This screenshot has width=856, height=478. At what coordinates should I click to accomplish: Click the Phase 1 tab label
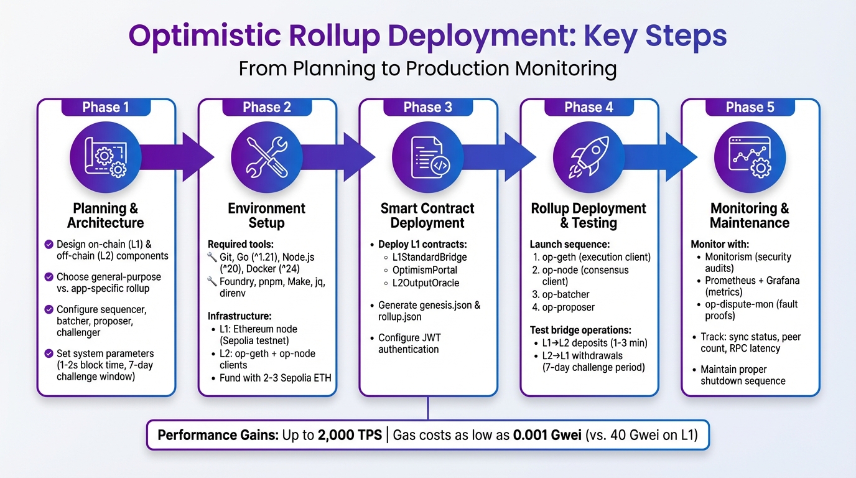click(x=106, y=107)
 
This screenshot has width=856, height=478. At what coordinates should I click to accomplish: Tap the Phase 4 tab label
click(x=588, y=107)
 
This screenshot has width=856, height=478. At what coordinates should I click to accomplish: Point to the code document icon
click(x=428, y=156)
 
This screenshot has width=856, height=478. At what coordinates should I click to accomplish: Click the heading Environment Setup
click(x=267, y=215)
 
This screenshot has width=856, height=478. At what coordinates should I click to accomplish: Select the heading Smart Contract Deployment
click(x=427, y=215)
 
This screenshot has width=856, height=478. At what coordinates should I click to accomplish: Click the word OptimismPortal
click(x=425, y=270)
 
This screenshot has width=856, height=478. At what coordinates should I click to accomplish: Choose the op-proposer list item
click(x=568, y=307)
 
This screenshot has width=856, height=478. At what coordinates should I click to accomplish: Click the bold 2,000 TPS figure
click(x=350, y=435)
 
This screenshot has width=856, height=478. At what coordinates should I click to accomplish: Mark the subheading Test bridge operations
click(x=580, y=330)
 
